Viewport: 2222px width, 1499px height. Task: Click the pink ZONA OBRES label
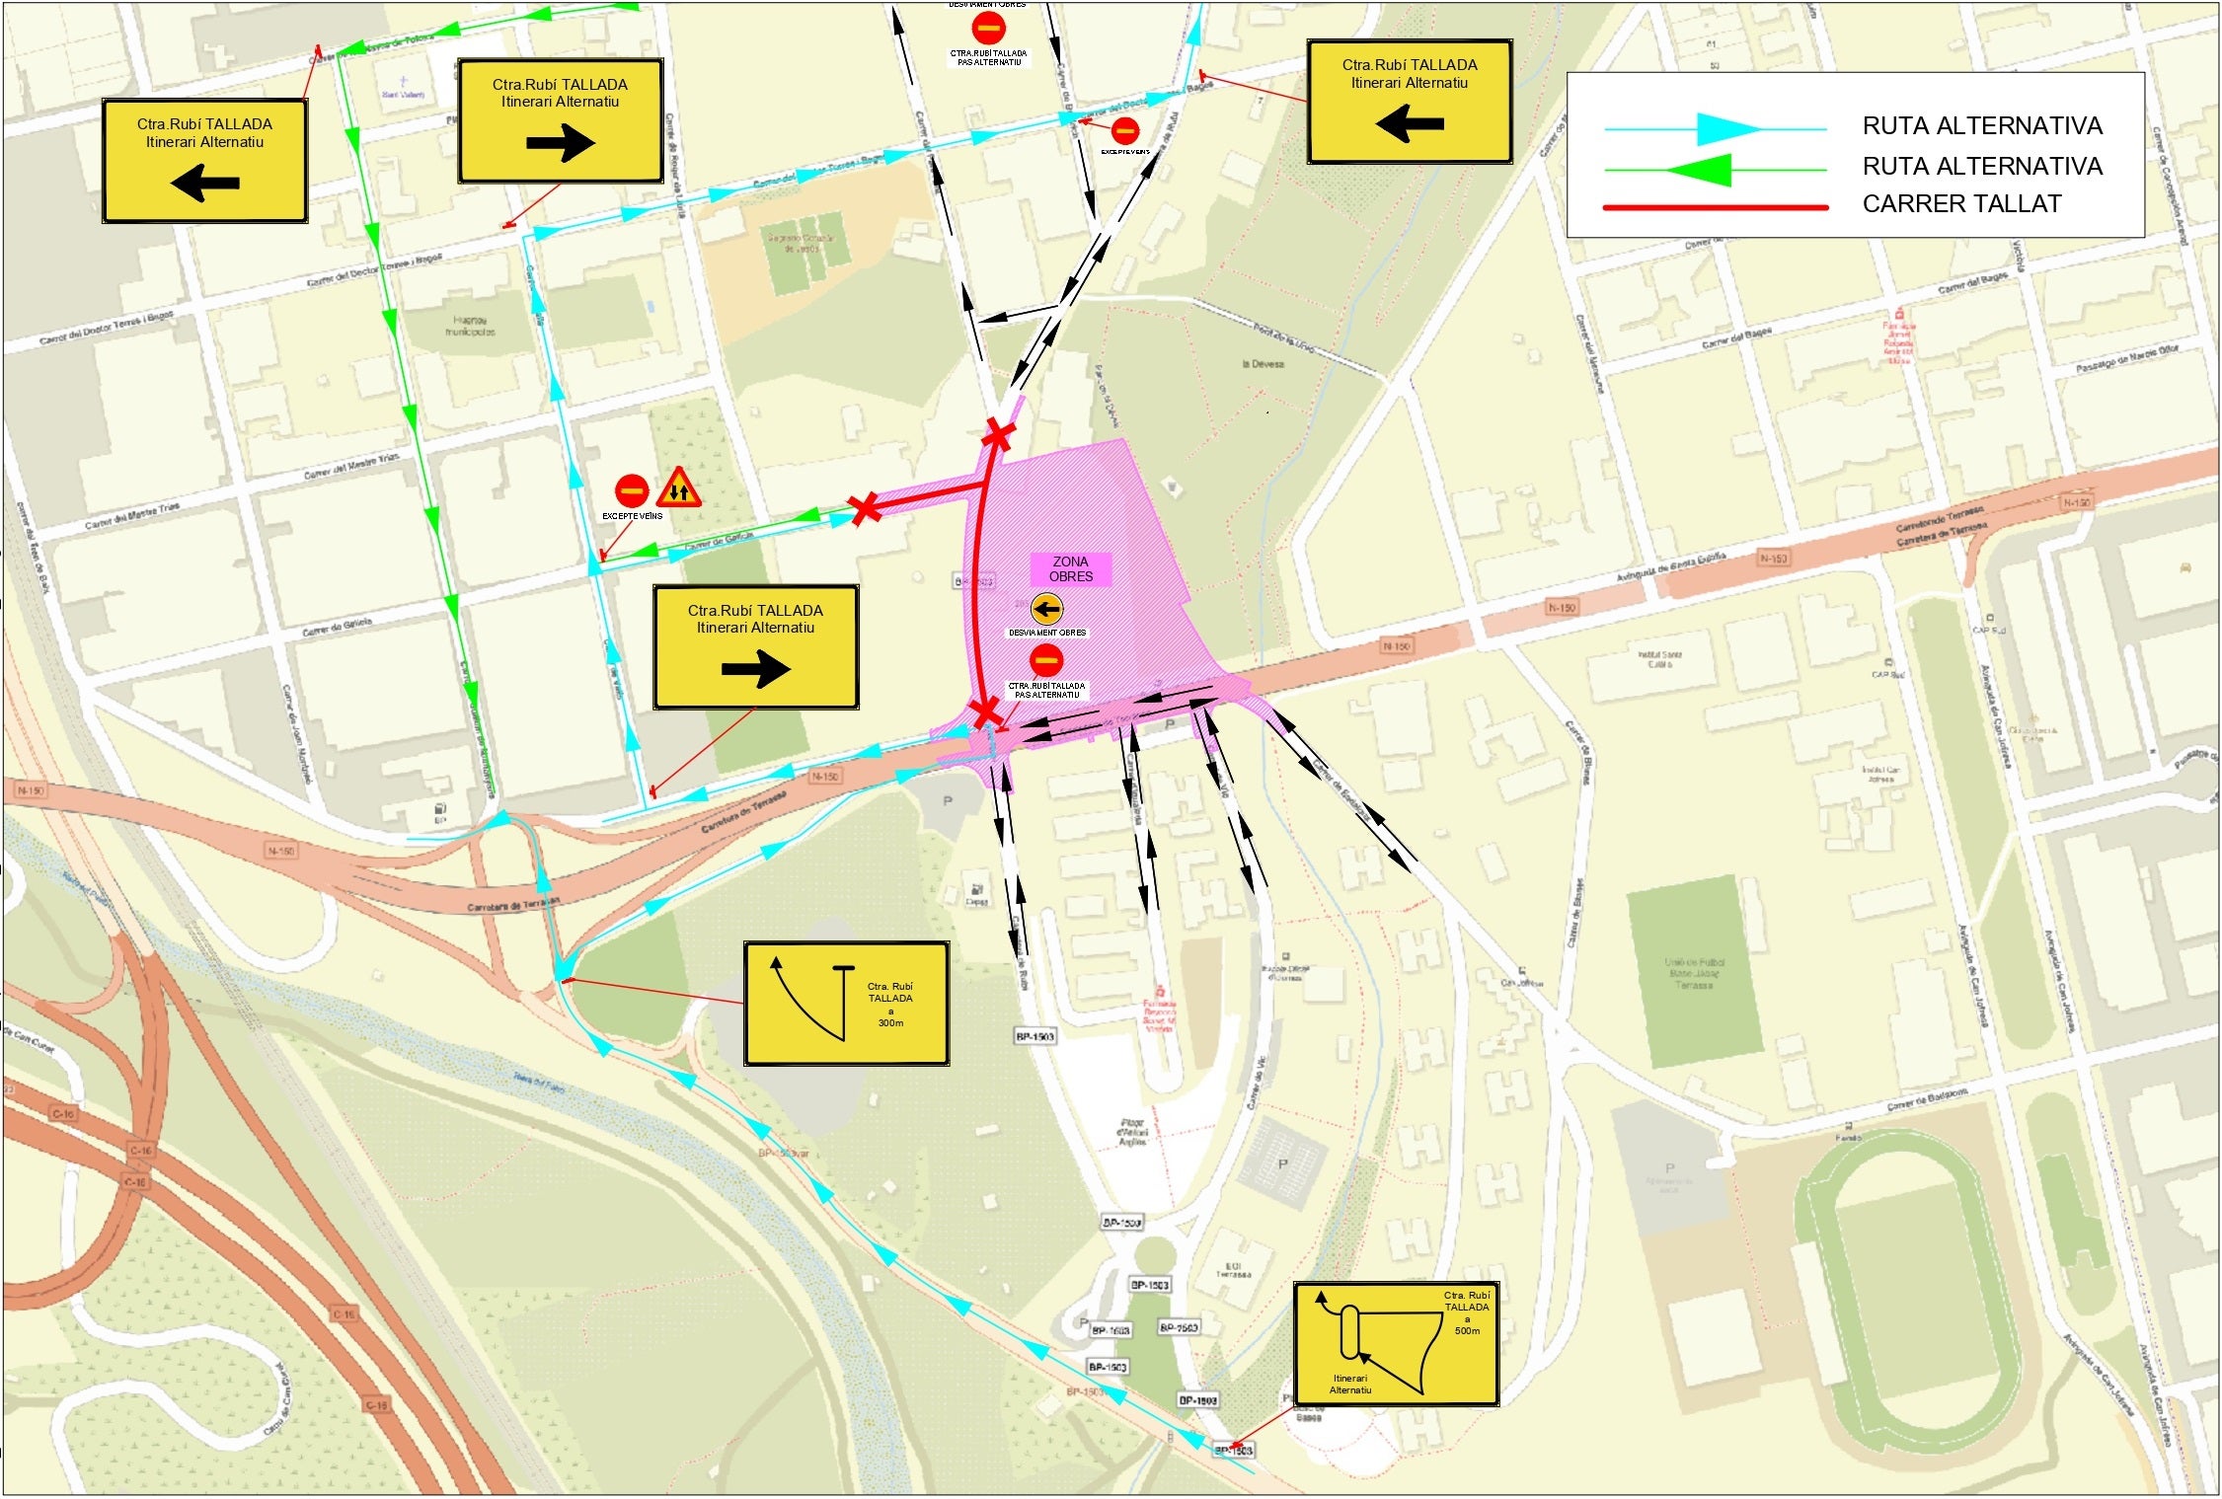[1071, 569]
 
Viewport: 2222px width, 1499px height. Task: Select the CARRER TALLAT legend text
[1961, 204]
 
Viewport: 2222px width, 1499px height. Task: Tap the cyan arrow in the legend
[1727, 129]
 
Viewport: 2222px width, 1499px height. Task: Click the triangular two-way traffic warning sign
[678, 487]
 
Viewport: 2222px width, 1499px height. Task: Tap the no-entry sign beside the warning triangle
[632, 489]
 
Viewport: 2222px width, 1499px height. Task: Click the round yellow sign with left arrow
[1046, 610]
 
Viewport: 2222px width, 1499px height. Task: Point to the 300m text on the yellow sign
[890, 1023]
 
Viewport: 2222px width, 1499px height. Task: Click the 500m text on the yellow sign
[1467, 1331]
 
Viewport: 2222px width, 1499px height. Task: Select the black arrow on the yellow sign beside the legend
[1410, 124]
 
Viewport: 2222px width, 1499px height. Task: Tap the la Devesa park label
[1263, 364]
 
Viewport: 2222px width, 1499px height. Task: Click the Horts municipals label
[470, 326]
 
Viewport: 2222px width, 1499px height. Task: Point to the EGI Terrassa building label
[1233, 1270]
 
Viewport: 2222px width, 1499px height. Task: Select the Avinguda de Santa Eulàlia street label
[1670, 566]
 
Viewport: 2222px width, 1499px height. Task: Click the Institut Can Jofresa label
[1880, 774]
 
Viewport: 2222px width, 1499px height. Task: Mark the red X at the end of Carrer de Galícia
[865, 509]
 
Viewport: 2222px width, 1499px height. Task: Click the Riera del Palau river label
[539, 1084]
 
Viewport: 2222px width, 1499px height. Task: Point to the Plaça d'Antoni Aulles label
[1132, 1132]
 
